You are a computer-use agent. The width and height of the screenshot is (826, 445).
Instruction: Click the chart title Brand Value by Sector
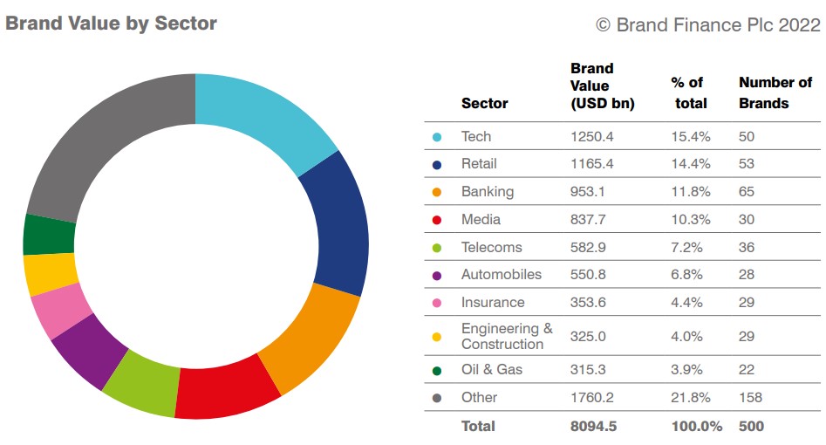111,23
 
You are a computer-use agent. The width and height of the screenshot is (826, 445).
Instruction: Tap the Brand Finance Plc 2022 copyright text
707,24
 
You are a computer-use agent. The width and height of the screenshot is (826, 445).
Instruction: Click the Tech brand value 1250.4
591,136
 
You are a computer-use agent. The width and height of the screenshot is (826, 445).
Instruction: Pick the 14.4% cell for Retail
690,163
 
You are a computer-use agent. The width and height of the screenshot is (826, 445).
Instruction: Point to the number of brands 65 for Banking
747,191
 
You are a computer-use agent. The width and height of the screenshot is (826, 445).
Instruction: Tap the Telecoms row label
491,247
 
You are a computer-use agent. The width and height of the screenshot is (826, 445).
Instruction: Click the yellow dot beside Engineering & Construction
437,336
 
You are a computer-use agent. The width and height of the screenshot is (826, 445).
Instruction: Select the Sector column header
484,103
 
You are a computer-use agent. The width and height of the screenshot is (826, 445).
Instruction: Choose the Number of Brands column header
775,92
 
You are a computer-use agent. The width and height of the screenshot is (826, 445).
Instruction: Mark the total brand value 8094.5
592,426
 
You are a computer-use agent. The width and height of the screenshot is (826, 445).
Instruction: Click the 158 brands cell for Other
750,397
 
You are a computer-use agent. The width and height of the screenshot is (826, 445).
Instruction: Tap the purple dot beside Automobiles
437,275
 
